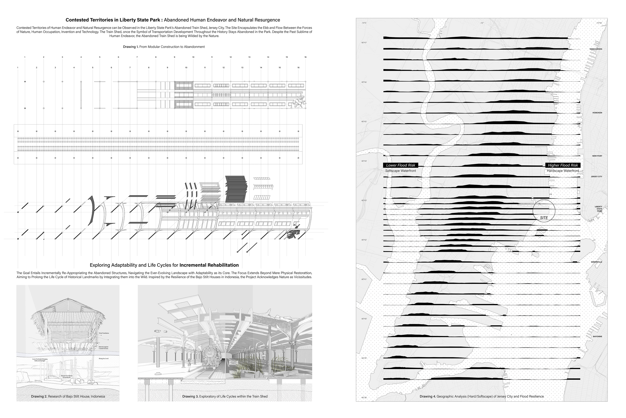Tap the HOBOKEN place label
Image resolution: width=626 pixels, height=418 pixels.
click(x=597, y=113)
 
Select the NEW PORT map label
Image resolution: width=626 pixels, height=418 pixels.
click(x=597, y=156)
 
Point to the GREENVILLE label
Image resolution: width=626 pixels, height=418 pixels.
click(x=596, y=262)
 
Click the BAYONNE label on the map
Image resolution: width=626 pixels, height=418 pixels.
click(x=597, y=336)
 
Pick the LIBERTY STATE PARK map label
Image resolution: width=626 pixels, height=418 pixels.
click(x=598, y=209)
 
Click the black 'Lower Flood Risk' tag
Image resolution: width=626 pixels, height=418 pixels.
click(x=401, y=165)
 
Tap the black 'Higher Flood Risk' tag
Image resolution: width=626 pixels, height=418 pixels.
click(x=563, y=165)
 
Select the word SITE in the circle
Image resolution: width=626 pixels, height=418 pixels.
click(x=544, y=218)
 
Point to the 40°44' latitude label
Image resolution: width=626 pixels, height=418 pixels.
click(x=364, y=161)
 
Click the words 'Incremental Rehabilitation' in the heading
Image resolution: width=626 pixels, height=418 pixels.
click(x=209, y=265)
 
